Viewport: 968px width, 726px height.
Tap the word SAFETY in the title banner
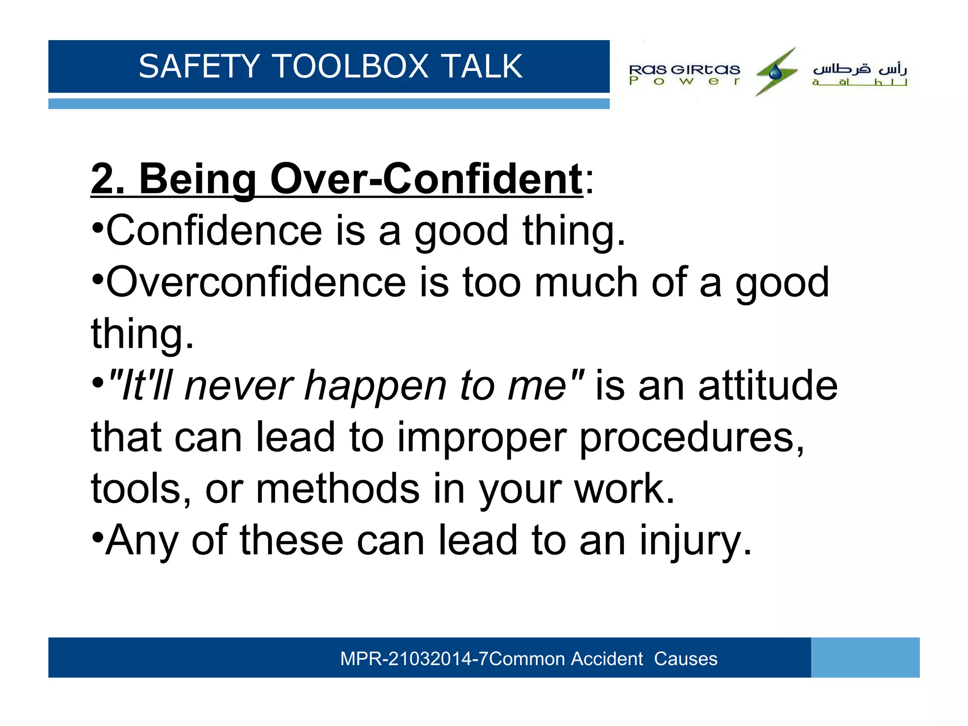[x=199, y=66]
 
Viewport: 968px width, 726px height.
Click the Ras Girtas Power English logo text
[x=684, y=74]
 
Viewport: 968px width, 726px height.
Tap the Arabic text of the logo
[x=859, y=74]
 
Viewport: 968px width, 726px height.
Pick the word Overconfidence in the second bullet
[x=256, y=282]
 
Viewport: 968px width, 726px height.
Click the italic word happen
[x=375, y=386]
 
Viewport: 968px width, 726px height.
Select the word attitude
[x=768, y=386]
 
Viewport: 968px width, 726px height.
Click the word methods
[x=337, y=489]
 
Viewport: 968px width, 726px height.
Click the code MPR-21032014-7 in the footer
[x=414, y=658]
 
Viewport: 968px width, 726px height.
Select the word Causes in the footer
[x=685, y=658]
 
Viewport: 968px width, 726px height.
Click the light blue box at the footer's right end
[x=865, y=657]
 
